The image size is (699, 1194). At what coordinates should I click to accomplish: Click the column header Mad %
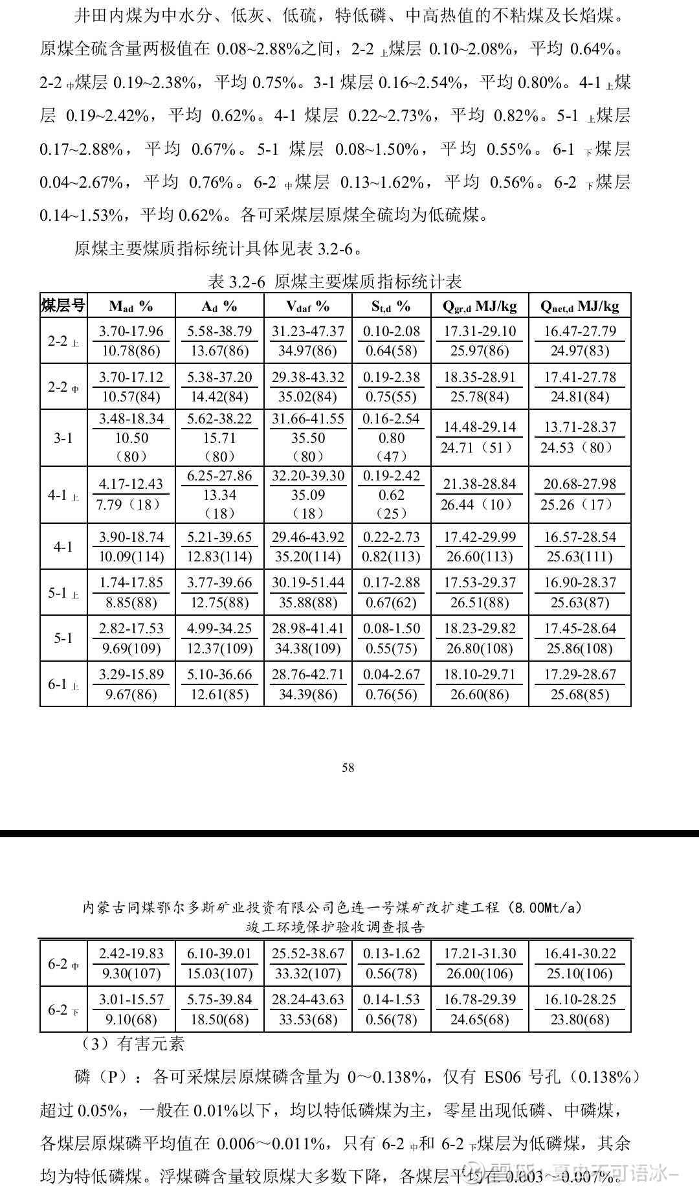pos(131,306)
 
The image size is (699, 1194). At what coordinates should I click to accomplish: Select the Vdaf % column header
pos(307,306)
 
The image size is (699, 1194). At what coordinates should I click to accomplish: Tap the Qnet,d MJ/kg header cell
pos(579,306)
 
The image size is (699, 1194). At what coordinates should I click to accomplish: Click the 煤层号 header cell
pos(63,306)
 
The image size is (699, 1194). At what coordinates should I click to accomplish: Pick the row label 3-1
pos(63,438)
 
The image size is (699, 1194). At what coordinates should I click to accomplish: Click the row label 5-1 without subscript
pos(63,638)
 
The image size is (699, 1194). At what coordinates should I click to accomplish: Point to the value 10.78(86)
pos(131,351)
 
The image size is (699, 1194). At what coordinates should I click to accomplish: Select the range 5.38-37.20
pos(219,377)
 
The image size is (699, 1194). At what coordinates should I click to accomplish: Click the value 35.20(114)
pos(307,557)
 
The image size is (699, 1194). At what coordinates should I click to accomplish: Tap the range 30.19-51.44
pos(307,582)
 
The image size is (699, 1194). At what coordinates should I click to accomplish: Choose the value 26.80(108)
pos(480,648)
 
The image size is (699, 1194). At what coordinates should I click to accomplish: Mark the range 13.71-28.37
pos(579,427)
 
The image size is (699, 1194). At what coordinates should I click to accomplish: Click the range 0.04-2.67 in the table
pos(392,674)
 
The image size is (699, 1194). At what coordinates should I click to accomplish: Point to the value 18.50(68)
pos(219,1019)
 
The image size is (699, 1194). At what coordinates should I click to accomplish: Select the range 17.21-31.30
pos(480,953)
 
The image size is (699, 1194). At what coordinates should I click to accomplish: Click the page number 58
pos(348,767)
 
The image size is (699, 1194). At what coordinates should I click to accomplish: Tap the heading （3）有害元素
pos(132,1044)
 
